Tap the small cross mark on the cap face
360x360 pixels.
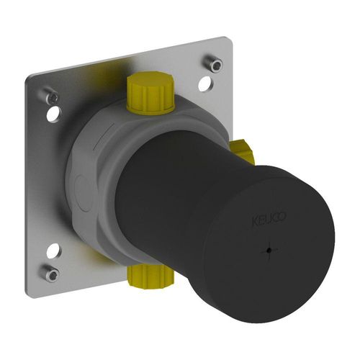(x=269, y=251)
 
